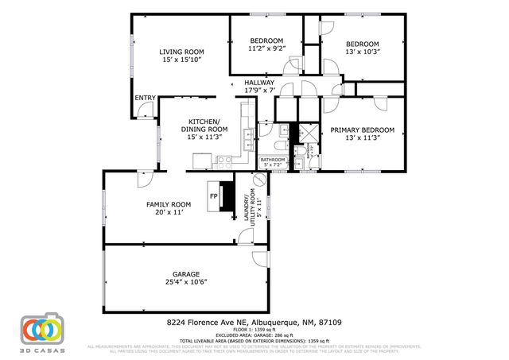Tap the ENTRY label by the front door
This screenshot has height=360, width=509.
145,98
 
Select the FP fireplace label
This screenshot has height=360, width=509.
213,195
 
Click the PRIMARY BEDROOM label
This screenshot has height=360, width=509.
362,130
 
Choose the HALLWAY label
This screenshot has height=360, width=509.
259,83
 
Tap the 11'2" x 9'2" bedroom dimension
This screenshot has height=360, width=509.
266,49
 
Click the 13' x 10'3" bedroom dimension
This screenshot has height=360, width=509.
362,52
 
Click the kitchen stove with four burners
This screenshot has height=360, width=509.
223,160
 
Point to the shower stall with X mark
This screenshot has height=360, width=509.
305,133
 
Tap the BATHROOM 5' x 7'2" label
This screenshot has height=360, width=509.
273,162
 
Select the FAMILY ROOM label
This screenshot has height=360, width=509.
165,204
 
